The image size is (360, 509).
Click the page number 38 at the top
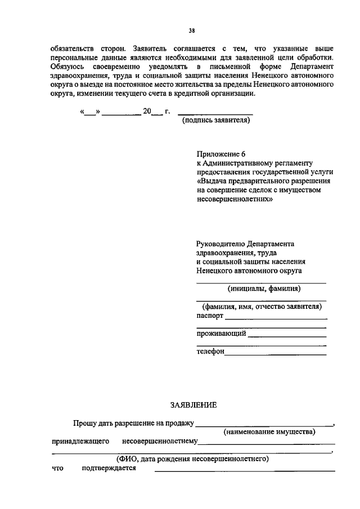click(x=192, y=31)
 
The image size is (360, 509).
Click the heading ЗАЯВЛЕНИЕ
click(x=193, y=404)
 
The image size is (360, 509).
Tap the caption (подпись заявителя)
click(x=214, y=120)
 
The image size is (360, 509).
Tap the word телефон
click(x=210, y=352)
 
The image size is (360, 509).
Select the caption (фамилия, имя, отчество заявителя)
click(x=262, y=307)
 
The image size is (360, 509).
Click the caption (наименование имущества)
click(x=269, y=432)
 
